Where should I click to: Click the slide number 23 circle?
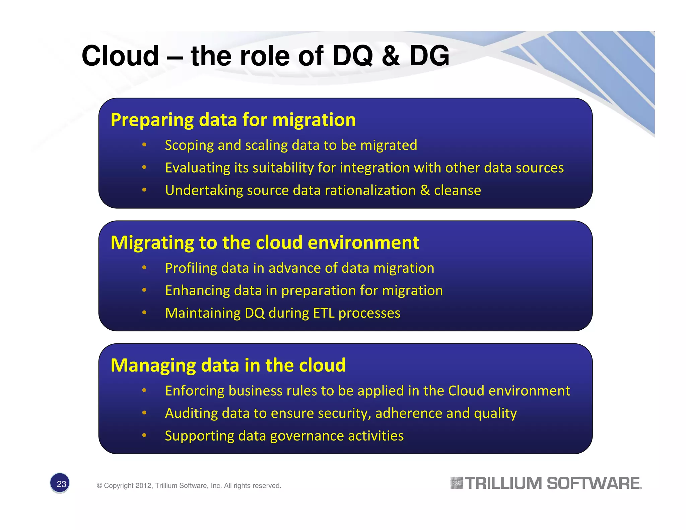60,483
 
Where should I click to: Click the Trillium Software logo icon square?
456,483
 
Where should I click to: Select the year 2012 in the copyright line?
144,486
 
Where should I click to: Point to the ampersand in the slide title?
391,56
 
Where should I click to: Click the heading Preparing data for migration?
233,120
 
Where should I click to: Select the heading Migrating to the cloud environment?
265,243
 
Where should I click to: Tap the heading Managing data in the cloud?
228,365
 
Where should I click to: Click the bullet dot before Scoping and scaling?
144,145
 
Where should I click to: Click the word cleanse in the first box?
458,190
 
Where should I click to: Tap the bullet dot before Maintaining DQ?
144,313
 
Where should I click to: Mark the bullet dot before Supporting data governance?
144,435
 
